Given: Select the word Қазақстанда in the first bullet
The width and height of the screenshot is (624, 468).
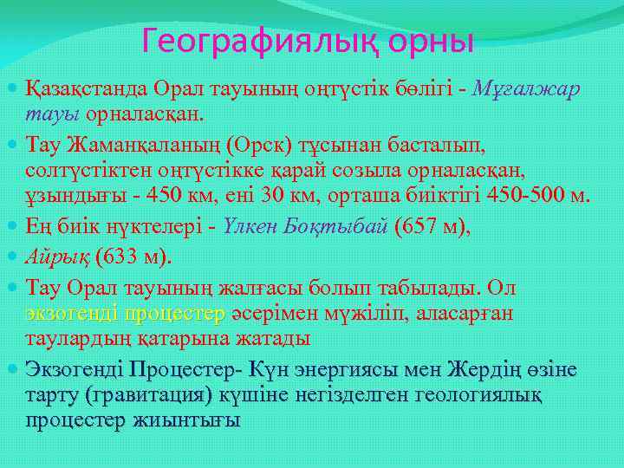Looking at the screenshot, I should coord(88,89).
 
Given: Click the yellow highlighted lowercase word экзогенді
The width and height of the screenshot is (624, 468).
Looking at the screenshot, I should coord(72,311).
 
